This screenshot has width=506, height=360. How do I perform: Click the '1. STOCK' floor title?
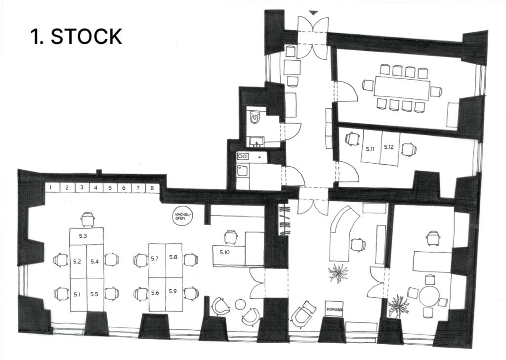[x=76, y=37]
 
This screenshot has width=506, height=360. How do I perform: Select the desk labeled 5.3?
[x=86, y=236]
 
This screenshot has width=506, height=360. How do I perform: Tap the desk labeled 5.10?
[x=229, y=253]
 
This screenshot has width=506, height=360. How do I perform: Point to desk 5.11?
[x=371, y=147]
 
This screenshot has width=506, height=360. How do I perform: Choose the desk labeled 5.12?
[x=389, y=147]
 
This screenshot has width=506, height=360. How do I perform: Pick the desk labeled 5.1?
[x=78, y=294]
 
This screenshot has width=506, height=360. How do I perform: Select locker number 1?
[x=51, y=188]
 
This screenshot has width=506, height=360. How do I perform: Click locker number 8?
[x=152, y=188]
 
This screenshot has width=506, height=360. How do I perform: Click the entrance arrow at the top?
[x=312, y=12]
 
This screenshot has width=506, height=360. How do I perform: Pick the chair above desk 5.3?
[x=88, y=219]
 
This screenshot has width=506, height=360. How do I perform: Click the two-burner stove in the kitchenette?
[x=243, y=157]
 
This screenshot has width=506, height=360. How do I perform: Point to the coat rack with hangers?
[x=285, y=221]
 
